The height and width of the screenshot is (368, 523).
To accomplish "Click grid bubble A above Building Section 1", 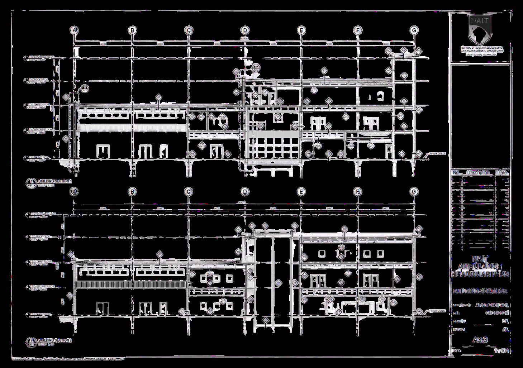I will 75,30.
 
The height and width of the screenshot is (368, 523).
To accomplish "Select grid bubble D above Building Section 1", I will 245,30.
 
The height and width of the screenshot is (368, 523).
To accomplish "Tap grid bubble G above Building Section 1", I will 414,30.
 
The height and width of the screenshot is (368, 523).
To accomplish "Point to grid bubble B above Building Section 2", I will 132,192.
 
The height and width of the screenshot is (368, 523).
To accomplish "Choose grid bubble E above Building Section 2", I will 301,192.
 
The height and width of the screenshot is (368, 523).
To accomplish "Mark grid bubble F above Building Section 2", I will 358,192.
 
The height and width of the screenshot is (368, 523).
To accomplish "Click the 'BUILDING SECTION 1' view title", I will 55,181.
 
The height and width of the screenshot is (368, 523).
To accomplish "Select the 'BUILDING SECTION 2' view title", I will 55,340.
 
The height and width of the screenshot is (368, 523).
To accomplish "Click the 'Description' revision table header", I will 478,173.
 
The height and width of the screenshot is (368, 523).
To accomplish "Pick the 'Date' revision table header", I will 502,173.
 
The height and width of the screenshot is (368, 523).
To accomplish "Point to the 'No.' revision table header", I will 456,173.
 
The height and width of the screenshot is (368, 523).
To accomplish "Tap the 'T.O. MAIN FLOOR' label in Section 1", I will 39,157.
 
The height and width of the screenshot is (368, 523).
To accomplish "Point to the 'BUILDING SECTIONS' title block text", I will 480,291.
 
